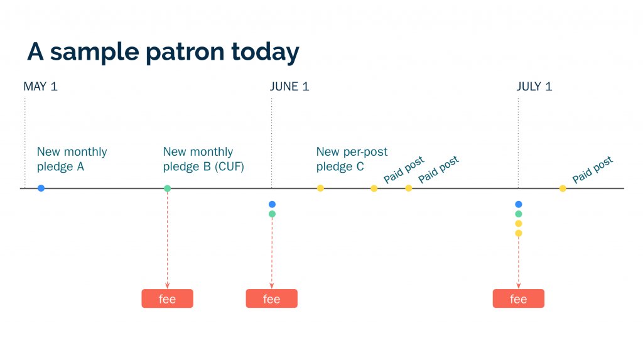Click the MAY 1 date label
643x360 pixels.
point(40,87)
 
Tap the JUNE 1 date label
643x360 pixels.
point(289,87)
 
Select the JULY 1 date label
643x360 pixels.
point(534,87)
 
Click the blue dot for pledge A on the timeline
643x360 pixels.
point(41,188)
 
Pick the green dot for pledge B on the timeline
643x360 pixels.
point(167,188)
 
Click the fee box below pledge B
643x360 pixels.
point(167,299)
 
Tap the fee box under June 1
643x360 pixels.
point(271,299)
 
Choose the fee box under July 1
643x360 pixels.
point(518,299)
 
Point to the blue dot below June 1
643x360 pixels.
point(272,204)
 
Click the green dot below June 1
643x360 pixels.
point(272,214)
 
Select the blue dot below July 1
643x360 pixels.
point(518,204)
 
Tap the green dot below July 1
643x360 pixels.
point(518,214)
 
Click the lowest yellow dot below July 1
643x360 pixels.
point(518,233)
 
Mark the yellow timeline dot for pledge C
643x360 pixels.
point(320,188)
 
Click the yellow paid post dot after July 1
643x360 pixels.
point(563,188)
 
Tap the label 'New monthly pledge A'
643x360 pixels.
point(72,160)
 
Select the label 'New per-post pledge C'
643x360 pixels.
point(352,160)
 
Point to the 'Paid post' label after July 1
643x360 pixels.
point(592,170)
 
